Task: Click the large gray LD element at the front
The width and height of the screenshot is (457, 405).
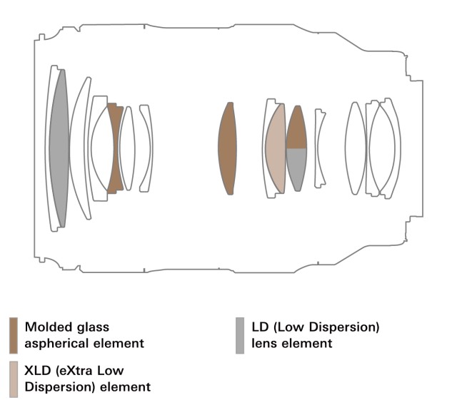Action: coord(59,148)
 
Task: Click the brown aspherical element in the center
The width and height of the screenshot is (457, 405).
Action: coord(227,148)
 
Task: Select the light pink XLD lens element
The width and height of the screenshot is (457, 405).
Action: coord(275,149)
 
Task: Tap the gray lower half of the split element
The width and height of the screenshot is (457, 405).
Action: coord(296,168)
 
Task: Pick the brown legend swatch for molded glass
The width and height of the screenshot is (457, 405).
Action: coord(14,335)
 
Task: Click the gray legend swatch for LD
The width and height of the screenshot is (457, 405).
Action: coord(241,335)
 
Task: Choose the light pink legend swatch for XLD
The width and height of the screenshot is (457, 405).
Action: coord(14,378)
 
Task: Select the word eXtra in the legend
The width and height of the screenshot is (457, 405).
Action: coord(78,371)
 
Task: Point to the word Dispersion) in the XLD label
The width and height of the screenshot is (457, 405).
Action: coord(58,387)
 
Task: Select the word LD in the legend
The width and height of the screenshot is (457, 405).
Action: coord(261,327)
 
